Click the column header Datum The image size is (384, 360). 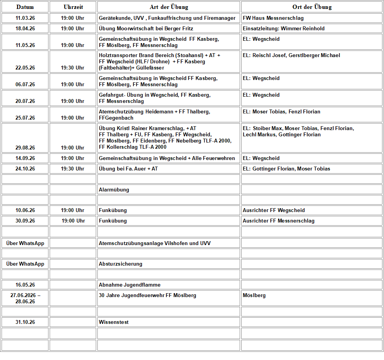coord(25,7)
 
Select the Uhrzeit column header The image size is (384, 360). coord(73,7)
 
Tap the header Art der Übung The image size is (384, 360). coord(169,7)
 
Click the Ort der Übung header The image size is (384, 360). coord(312,7)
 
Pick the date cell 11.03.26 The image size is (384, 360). coord(25,18)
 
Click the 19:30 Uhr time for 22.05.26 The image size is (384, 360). coord(73,68)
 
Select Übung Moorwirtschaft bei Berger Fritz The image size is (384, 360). coord(146,29)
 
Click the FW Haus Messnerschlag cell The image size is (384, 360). coord(273,18)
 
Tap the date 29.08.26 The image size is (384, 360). coord(25,148)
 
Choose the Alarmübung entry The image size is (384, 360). coord(114,190)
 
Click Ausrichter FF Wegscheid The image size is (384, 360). coord(274,210)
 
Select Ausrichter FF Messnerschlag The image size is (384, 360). coord(278,221)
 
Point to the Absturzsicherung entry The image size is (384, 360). coord(121,264)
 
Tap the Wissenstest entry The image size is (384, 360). coord(114,322)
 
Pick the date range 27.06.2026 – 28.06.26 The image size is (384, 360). coord(25,298)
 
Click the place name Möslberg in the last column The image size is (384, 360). coord(254,296)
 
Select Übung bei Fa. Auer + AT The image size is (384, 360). coord(128,169)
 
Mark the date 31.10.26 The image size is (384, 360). coord(25,322)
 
